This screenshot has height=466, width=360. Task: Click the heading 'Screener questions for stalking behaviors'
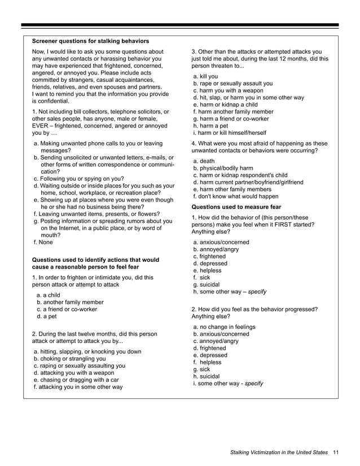click(x=90, y=41)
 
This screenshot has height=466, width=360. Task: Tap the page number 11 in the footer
click(x=336, y=452)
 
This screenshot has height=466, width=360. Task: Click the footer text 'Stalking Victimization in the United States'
click(x=279, y=452)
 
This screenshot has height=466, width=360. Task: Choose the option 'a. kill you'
click(x=205, y=76)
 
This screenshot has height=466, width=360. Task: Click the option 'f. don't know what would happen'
click(x=235, y=196)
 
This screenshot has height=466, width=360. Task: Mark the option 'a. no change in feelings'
click(x=224, y=327)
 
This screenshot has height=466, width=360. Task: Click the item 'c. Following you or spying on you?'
click(x=79, y=178)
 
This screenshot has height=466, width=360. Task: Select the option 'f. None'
click(x=45, y=243)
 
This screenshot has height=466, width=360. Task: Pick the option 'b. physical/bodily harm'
click(x=223, y=168)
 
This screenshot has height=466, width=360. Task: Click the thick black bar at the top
click(x=180, y=26)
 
